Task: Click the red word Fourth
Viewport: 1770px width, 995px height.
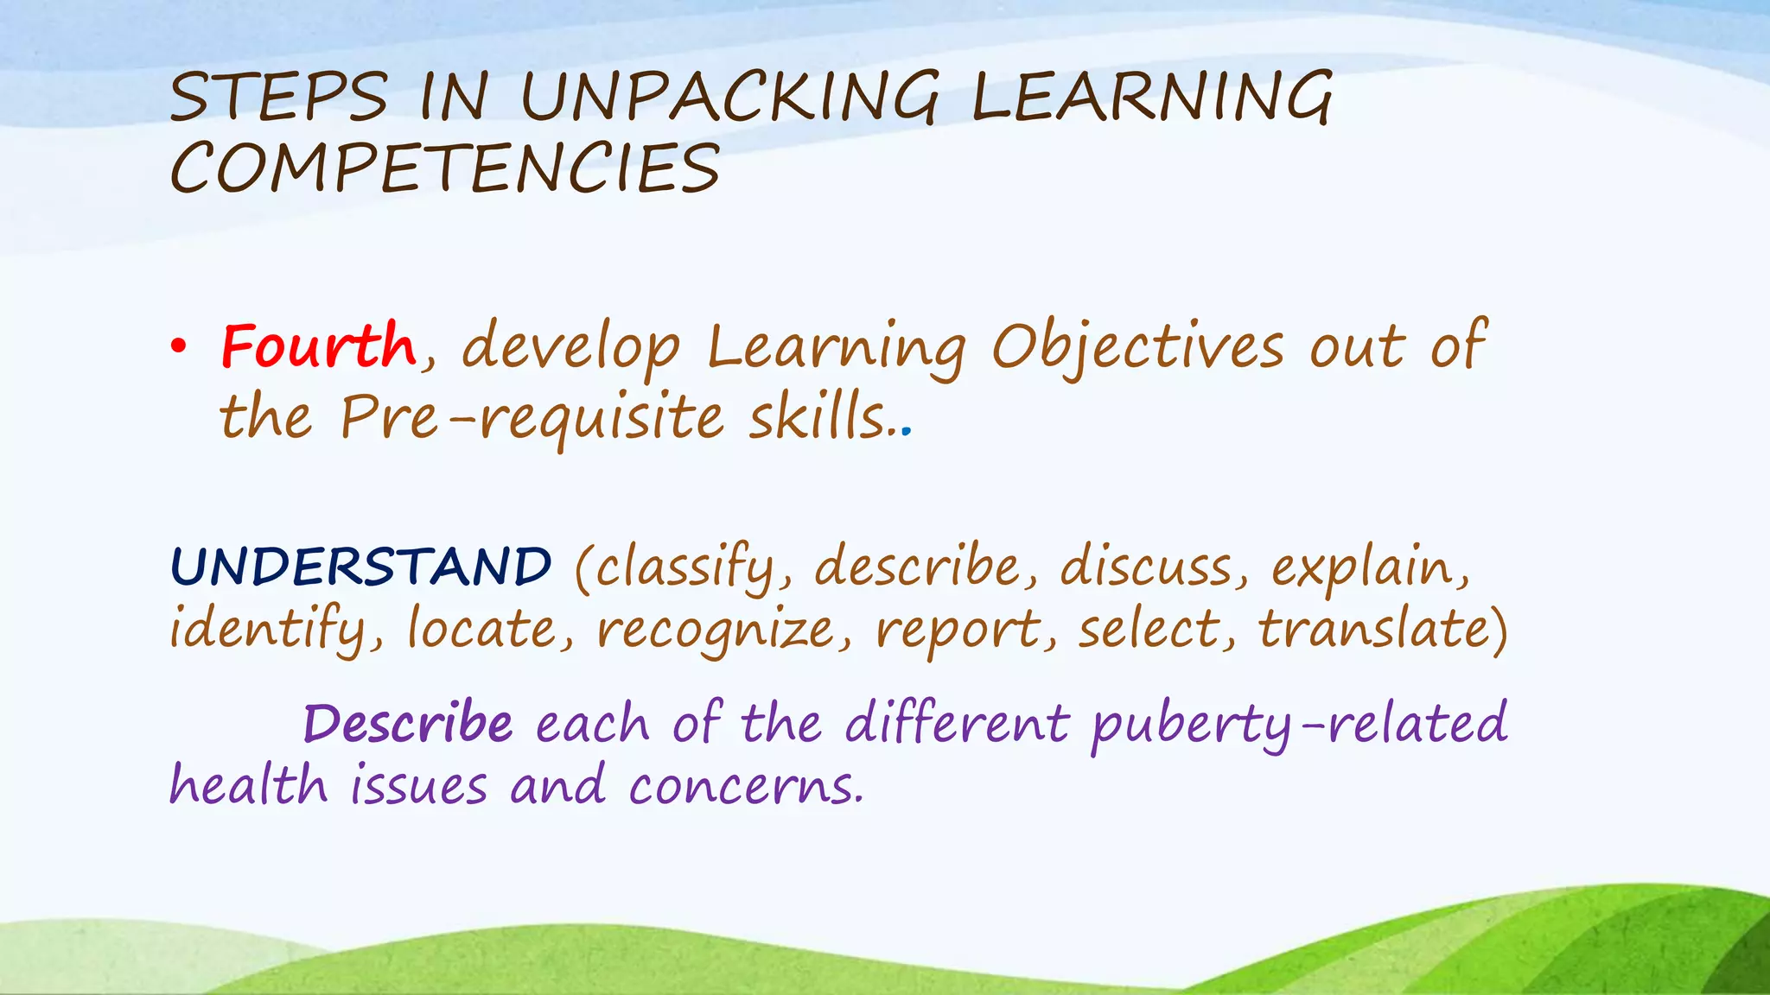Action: [x=318, y=346]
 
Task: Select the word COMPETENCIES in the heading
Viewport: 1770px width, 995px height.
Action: [x=445, y=168]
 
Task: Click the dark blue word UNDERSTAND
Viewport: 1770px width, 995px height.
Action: [x=361, y=567]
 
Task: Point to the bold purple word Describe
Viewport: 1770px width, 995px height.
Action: [x=408, y=724]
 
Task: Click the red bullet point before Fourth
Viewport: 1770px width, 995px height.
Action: [x=178, y=347]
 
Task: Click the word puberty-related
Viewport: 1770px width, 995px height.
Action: [x=1299, y=724]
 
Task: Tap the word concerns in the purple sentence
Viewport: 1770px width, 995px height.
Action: [x=744, y=786]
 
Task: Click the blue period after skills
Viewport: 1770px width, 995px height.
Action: [x=906, y=429]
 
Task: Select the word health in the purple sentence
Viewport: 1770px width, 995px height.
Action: [x=248, y=786]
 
